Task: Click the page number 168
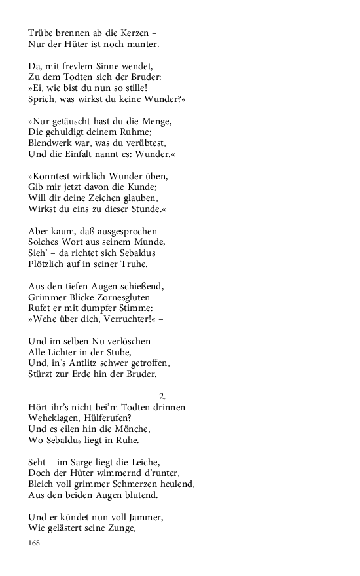[35, 543]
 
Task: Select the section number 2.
[162, 396]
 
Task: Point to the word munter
[143, 45]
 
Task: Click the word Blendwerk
[52, 143]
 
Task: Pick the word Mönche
[131, 429]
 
